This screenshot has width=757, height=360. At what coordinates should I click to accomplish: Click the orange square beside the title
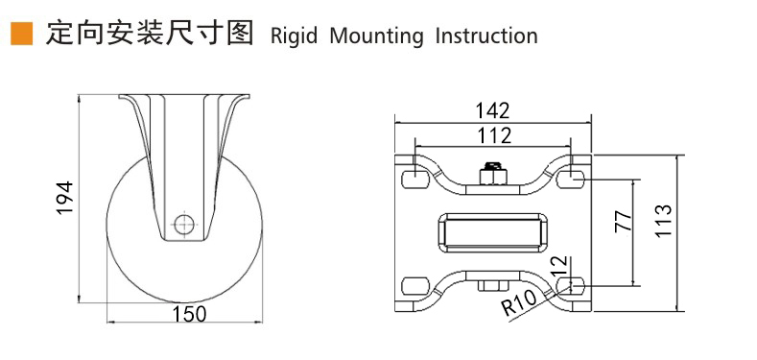pos(21,35)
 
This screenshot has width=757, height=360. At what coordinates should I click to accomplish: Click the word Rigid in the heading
pos(294,36)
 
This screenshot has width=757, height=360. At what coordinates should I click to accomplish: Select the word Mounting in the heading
pos(375,36)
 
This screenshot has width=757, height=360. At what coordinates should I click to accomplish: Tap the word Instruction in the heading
pos(486,36)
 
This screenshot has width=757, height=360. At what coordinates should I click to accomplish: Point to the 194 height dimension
pos(64,198)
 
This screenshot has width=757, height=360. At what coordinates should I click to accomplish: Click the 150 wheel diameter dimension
pos(189,314)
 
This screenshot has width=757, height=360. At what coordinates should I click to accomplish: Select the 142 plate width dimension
pos(492,110)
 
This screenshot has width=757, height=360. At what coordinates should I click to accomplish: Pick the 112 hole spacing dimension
pos(494,135)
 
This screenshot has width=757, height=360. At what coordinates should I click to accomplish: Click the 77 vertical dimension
pos(624,221)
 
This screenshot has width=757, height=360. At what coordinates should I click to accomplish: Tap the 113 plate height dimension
pos(664,221)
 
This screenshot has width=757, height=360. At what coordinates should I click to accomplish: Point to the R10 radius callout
pos(519,302)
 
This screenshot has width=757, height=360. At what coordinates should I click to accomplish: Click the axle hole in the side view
pos(184,224)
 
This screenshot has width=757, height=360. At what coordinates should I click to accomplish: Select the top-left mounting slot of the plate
pos(415,180)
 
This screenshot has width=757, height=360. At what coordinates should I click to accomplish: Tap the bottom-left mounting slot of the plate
pos(415,285)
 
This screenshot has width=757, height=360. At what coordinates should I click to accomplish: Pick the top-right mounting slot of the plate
pos(571,180)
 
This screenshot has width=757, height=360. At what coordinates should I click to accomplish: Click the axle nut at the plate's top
pos(492,174)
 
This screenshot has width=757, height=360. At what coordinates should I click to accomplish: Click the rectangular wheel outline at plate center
pos(493,233)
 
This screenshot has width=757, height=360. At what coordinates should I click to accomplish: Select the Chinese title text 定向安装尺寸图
pos(149,34)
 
